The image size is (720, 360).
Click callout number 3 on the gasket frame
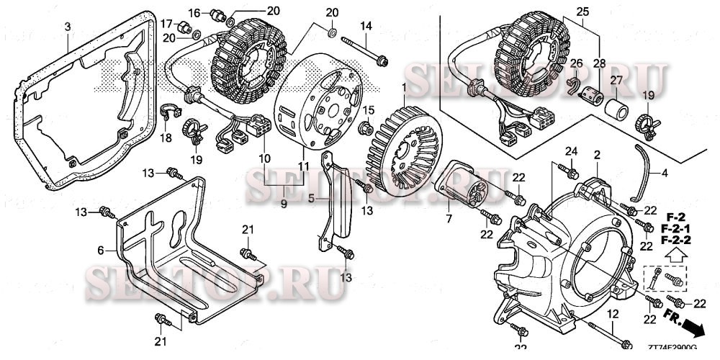[x=67, y=27]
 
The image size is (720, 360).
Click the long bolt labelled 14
[x=364, y=45]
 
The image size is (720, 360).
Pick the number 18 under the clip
[x=166, y=137]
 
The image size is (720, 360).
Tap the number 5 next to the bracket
[x=312, y=198]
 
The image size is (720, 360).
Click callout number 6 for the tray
[x=102, y=250]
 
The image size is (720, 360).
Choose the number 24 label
[x=571, y=150]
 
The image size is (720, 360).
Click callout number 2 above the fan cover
[x=597, y=154]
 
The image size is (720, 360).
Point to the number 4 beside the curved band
[x=665, y=173]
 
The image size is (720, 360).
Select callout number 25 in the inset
[x=582, y=13]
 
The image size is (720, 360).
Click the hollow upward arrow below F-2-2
[x=675, y=253]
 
